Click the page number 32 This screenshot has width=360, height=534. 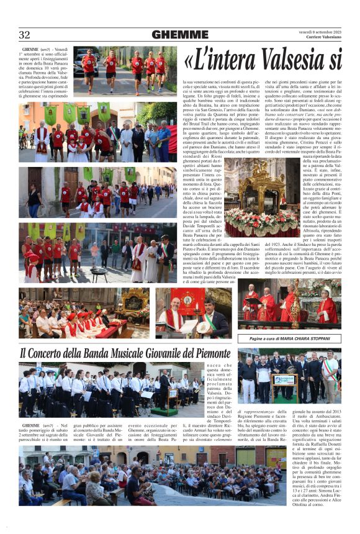click(x=24, y=35)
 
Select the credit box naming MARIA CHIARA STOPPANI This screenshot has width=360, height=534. click(x=290, y=338)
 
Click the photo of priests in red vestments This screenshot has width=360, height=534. click(x=289, y=306)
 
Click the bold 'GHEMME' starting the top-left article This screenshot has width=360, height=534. click(x=30, y=49)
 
